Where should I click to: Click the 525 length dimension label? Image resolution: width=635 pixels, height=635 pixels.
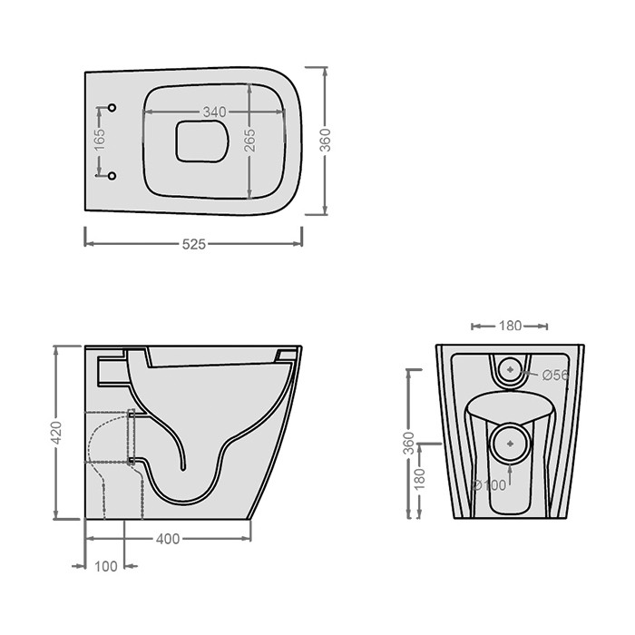pyautogui.click(x=194, y=244)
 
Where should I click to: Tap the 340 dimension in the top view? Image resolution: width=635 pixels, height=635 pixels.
pyautogui.click(x=215, y=112)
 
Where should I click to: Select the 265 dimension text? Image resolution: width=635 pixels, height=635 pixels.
pyautogui.click(x=250, y=140)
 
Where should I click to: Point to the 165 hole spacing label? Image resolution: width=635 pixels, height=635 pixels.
pyautogui.click(x=100, y=140)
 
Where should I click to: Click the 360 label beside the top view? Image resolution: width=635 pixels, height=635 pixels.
pyautogui.click(x=325, y=140)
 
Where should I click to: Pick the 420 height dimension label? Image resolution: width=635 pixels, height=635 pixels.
pyautogui.click(x=56, y=433)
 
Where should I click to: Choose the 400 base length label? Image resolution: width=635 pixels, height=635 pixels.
pyautogui.click(x=168, y=539)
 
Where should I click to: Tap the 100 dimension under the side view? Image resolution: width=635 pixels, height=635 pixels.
pyautogui.click(x=106, y=567)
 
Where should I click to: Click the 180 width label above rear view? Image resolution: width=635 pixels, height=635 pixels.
pyautogui.click(x=510, y=326)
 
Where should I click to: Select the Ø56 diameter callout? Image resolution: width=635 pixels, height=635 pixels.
pyautogui.click(x=555, y=376)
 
